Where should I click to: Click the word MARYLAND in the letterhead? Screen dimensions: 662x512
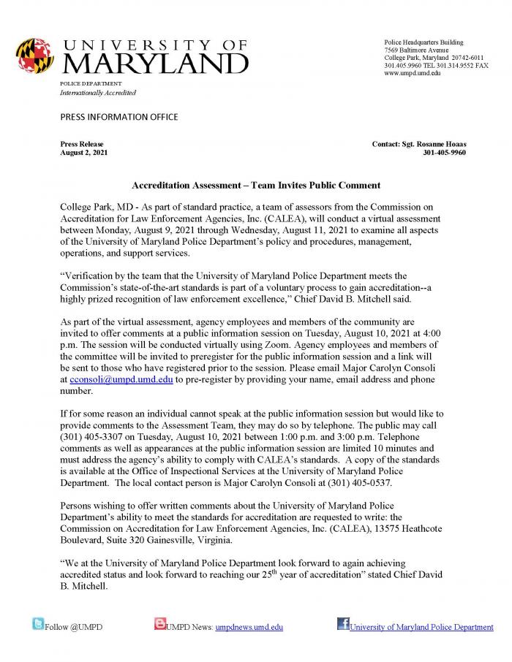coord(155,63)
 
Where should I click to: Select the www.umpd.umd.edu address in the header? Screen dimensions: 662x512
coord(413,74)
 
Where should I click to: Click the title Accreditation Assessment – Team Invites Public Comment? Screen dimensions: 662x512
coord(255,186)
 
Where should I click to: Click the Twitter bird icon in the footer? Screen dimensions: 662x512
coord(38,623)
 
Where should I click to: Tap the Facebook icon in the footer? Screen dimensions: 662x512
coord(342,623)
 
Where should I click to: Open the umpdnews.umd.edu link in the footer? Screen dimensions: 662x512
coord(249,627)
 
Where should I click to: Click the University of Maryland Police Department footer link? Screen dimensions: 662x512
coord(421,627)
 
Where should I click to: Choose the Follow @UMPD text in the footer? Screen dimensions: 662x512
coord(74,627)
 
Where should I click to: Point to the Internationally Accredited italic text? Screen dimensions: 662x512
coord(98,93)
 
